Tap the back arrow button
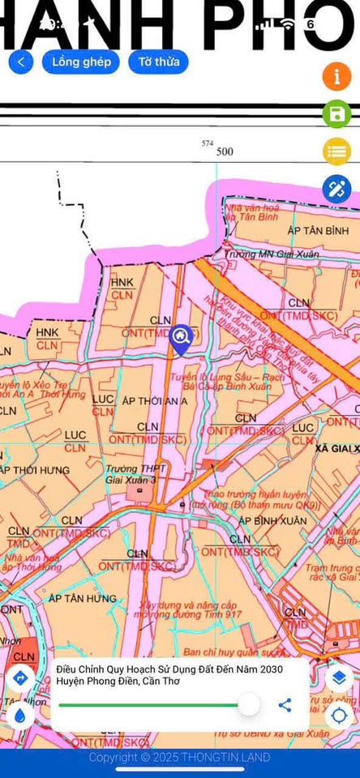(x=21, y=62)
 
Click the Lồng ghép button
(x=81, y=62)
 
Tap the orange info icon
(x=336, y=76)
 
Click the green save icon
(x=336, y=113)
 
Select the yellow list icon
(x=336, y=151)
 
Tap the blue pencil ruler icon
(x=336, y=189)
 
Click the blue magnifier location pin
(x=181, y=337)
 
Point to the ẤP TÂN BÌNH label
(x=318, y=231)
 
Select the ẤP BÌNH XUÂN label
(x=273, y=519)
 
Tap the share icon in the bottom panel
(x=285, y=704)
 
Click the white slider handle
(x=249, y=703)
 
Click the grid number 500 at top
(x=225, y=152)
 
